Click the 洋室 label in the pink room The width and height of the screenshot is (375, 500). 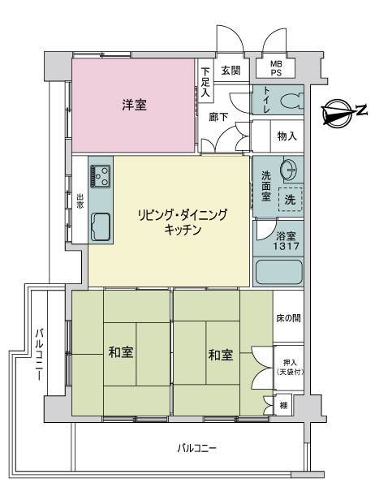(x=134, y=104)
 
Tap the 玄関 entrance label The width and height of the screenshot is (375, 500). (x=231, y=70)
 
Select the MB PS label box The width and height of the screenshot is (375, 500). (x=276, y=68)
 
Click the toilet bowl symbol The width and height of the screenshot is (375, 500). (x=291, y=101)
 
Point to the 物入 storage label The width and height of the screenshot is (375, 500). (x=287, y=136)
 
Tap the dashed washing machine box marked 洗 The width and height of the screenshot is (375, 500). (x=290, y=200)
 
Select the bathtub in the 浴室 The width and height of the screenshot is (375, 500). (x=278, y=272)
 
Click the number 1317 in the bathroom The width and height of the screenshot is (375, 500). (x=286, y=246)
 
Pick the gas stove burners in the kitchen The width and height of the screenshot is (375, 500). (x=100, y=176)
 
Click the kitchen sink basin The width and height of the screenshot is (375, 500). (x=101, y=226)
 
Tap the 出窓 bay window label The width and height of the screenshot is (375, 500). (x=80, y=201)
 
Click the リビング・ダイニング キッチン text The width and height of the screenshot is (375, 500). (x=183, y=222)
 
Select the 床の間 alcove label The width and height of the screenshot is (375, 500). (x=288, y=318)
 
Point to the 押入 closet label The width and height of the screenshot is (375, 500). (x=290, y=363)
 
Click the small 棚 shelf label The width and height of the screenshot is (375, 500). (x=283, y=406)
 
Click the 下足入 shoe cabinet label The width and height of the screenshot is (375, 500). (x=205, y=82)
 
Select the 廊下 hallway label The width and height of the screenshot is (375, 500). (x=219, y=117)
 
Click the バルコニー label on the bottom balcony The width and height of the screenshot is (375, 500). (x=197, y=449)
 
